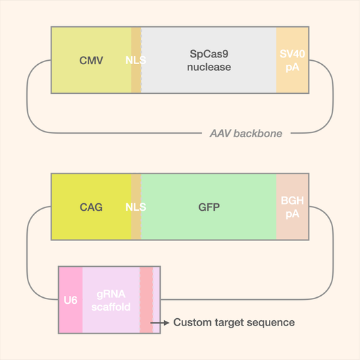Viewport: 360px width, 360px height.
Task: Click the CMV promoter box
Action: point(91,61)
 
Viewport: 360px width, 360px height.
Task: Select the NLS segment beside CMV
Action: point(136,61)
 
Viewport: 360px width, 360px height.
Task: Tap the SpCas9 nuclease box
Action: point(209,61)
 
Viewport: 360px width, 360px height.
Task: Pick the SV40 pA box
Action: point(292,61)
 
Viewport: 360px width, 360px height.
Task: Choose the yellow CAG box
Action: point(91,207)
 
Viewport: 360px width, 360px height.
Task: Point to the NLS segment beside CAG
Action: point(136,207)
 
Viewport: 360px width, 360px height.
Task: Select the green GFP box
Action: point(209,207)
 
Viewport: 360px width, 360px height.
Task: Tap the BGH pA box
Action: point(292,207)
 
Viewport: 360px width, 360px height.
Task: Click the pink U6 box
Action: point(70,300)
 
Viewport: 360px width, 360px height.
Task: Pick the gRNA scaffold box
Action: point(111,300)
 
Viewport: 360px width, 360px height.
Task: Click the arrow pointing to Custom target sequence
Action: point(160,323)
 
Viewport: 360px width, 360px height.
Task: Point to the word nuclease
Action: point(209,67)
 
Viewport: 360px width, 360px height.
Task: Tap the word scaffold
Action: point(111,307)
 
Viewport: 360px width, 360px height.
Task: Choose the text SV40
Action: point(292,54)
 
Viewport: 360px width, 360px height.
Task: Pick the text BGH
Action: point(292,201)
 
